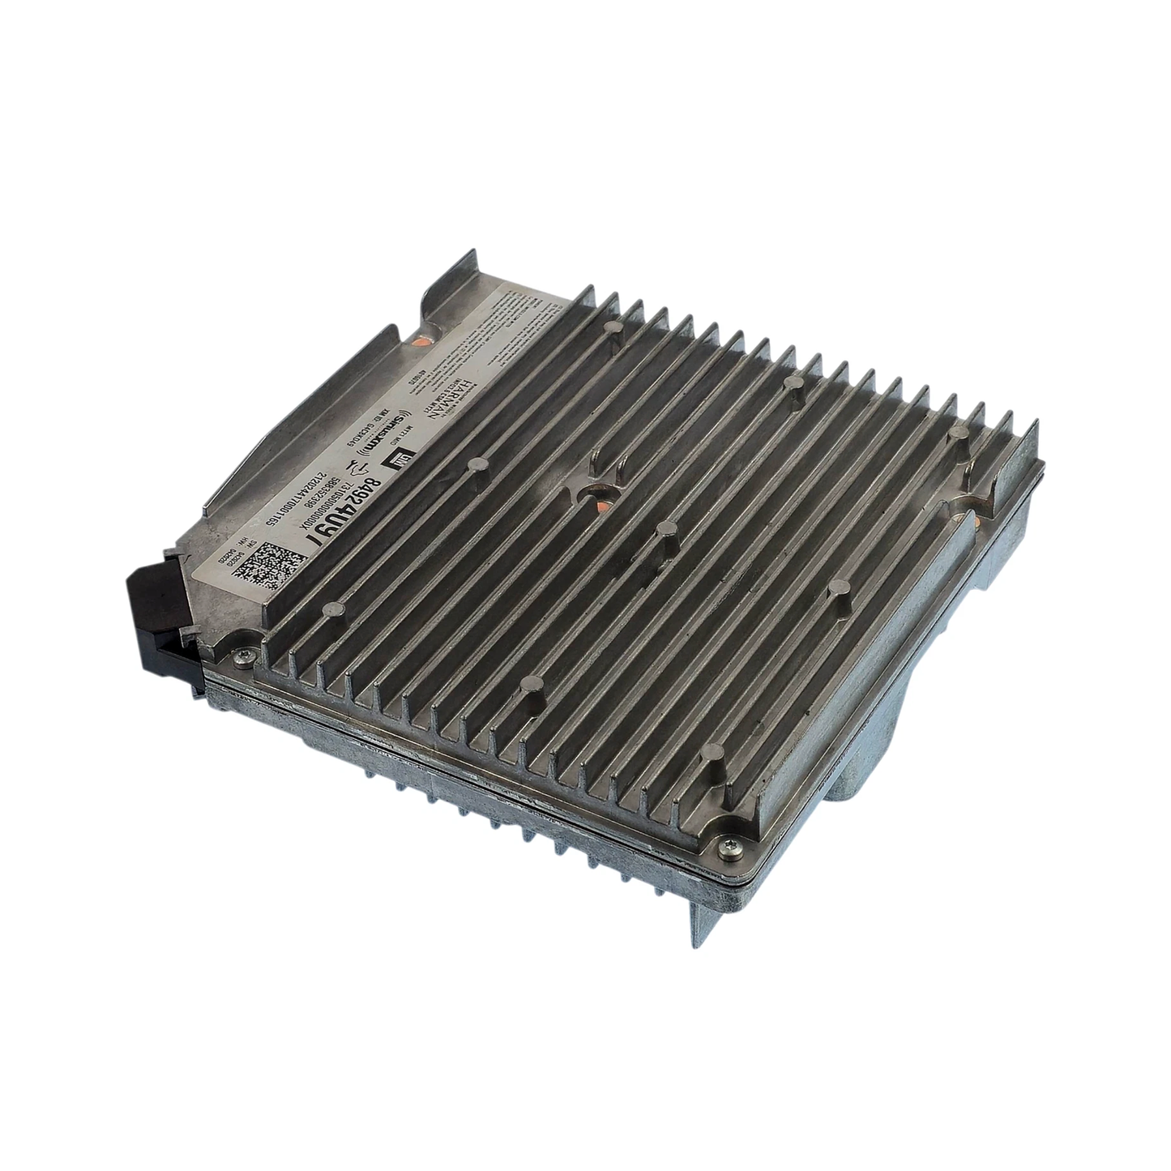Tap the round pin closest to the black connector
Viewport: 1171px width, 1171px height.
(328, 609)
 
